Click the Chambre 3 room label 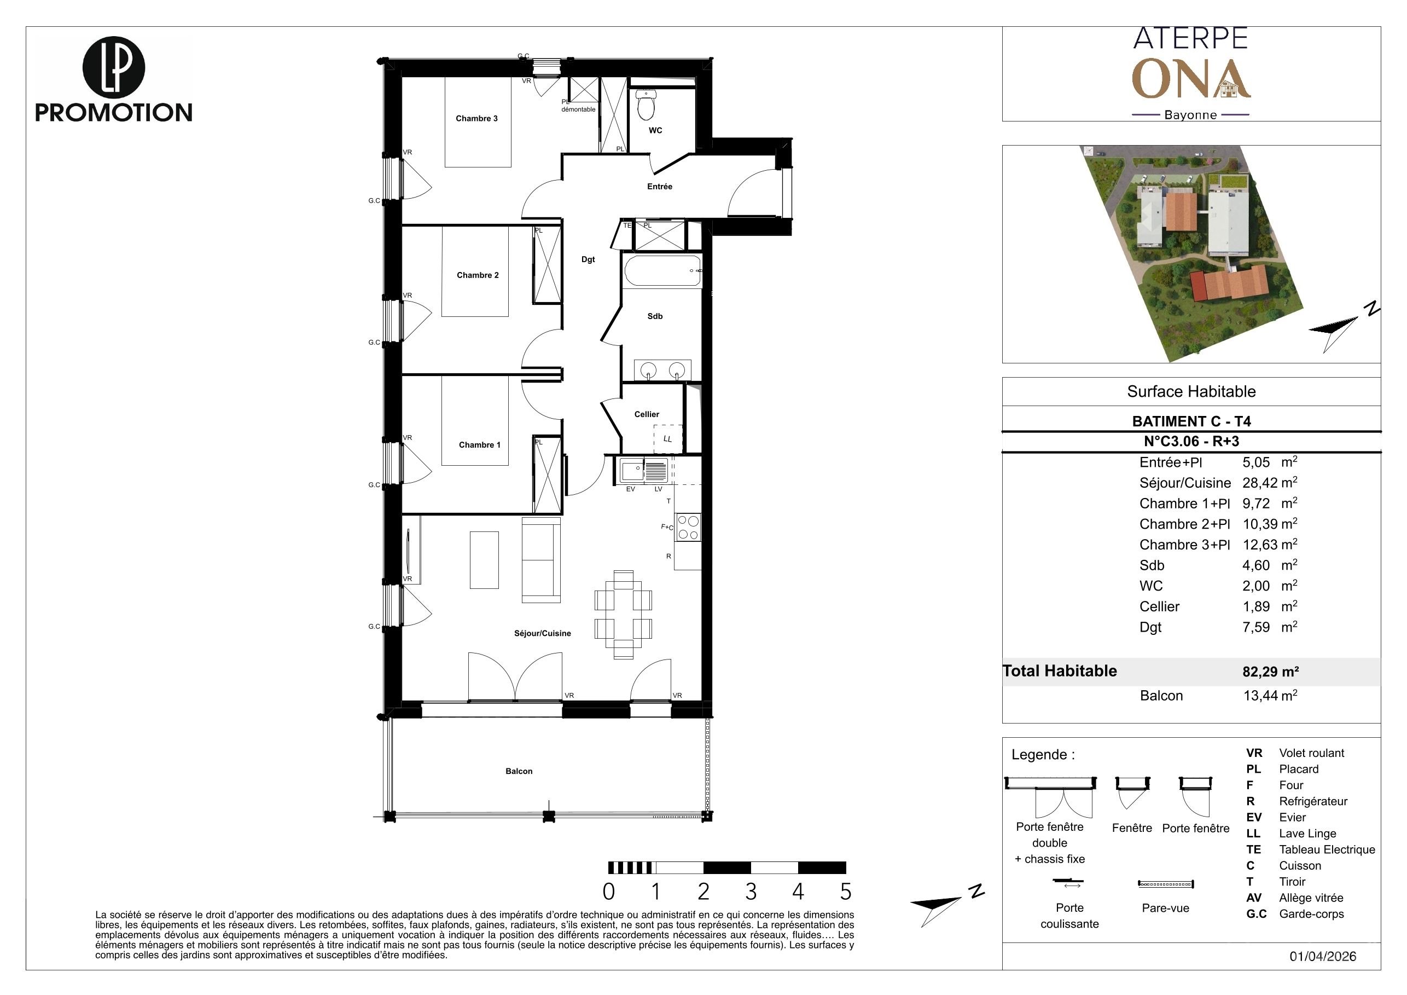tap(477, 118)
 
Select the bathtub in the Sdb tap(662, 271)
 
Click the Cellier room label tap(647, 414)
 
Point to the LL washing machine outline tap(668, 439)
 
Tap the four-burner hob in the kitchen tap(688, 528)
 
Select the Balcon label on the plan tap(519, 771)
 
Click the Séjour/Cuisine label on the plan tap(542, 633)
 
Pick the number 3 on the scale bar tap(751, 892)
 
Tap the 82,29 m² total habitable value tap(1270, 672)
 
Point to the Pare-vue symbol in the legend tap(1166, 884)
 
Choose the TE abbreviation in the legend tap(1254, 850)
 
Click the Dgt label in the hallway tap(588, 259)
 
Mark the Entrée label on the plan tap(659, 187)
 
